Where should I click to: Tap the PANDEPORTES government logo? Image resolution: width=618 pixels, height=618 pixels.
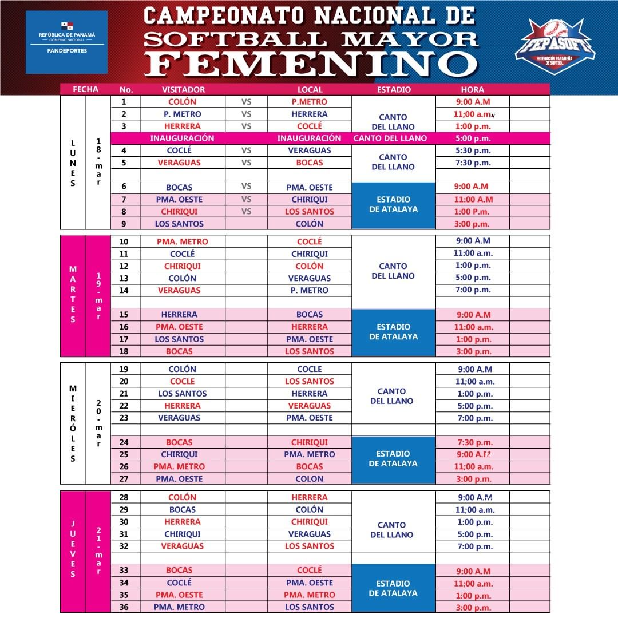pos(66,42)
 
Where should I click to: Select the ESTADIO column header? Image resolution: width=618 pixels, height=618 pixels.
pos(394,89)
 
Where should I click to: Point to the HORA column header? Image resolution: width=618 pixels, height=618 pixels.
pos(472,89)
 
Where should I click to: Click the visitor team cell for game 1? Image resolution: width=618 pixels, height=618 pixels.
pos(183,102)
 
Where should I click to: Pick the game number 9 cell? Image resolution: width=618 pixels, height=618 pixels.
pos(124,224)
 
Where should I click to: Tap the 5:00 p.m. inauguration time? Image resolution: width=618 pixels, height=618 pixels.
pos(472,138)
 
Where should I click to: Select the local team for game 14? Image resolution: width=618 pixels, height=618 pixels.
pos(310,290)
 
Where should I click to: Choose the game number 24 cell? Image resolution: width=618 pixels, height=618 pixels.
pos(124,442)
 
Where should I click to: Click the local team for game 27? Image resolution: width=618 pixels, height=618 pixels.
pos(310,479)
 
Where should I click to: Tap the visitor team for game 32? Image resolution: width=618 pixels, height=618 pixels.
pos(182,546)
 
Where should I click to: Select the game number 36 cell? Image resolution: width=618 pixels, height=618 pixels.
pos(124,607)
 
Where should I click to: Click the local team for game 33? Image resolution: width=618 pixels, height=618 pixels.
pos(310,571)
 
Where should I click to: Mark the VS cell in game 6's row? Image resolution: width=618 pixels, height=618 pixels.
pos(247,187)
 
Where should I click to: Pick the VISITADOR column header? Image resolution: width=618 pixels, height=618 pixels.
pos(183,89)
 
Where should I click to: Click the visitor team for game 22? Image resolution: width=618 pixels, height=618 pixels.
pos(182,406)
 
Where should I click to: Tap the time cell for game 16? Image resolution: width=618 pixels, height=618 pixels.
pos(473,327)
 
